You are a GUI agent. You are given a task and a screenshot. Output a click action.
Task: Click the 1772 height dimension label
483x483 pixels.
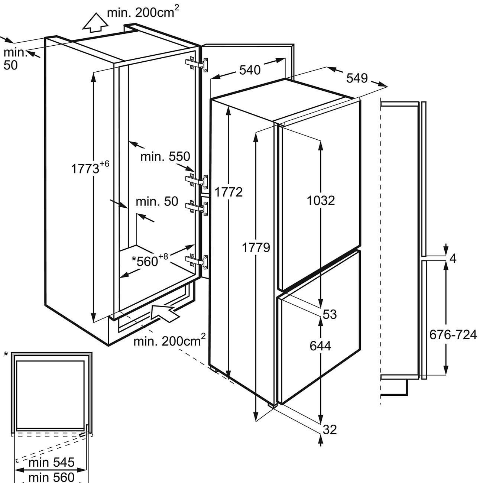coord(228,192)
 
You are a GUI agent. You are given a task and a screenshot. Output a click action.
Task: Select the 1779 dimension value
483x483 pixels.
coord(256,247)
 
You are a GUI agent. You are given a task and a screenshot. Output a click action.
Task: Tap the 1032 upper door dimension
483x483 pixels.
coord(321,201)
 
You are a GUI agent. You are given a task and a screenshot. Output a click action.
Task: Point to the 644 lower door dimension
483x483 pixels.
coord(320,346)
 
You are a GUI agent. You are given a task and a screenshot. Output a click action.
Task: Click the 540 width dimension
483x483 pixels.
coord(250,69)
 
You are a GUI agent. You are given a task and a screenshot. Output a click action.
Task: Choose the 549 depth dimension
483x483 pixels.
coord(357,78)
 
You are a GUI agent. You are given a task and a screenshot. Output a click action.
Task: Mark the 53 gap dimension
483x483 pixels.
coord(330,314)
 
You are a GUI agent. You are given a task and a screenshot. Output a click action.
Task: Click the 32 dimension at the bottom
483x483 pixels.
coord(330,429)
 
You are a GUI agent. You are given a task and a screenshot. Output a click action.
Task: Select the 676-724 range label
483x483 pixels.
coord(453,335)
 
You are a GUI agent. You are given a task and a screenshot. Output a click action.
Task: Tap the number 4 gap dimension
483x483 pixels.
coord(453,259)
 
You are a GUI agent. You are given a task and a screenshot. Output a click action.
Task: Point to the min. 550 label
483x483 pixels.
coord(165,156)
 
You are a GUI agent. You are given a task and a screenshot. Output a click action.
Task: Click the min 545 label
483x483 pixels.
coord(51,463)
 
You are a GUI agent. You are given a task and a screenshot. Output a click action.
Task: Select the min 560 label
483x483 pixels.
coord(51,476)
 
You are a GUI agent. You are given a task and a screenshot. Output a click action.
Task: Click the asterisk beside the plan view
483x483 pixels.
coord(6,354)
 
